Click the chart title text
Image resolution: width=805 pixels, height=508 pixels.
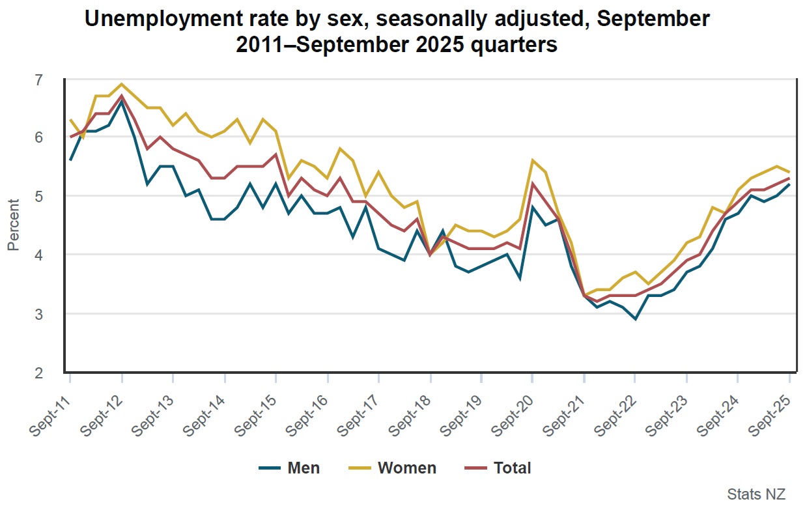coord(397,32)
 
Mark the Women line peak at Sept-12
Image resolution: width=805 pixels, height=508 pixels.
coord(121,84)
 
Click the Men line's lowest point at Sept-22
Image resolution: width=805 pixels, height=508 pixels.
coord(635,319)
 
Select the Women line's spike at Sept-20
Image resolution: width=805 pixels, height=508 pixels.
coord(533,160)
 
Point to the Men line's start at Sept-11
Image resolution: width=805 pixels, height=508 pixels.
coord(70,160)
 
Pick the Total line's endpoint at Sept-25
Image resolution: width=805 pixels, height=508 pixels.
coord(789,178)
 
